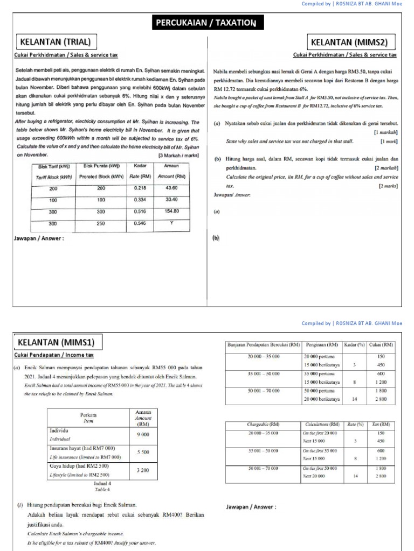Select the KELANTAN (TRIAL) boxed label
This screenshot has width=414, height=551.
tap(55, 41)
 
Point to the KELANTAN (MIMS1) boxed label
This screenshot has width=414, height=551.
tap(55, 342)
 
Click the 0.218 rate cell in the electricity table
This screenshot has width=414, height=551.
tap(140, 188)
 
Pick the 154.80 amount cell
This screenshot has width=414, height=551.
tap(171, 211)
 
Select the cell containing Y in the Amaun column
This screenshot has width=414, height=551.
tap(171, 223)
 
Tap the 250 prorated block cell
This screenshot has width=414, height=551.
tap(101, 223)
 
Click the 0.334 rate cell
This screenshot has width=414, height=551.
tap(140, 200)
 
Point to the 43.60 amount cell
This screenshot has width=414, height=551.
tap(171, 188)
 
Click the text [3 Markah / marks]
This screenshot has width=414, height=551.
tap(178, 156)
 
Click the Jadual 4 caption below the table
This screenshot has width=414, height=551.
tap(102, 484)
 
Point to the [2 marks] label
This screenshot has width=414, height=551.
tap(388, 186)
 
